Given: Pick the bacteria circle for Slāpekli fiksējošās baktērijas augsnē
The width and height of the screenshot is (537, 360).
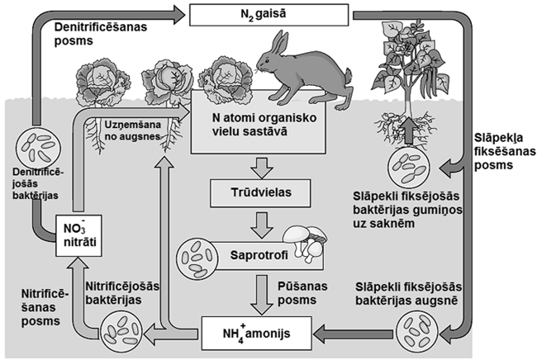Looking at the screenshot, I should point(411,332).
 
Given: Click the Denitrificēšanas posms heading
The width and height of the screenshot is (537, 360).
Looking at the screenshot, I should point(99,36).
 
